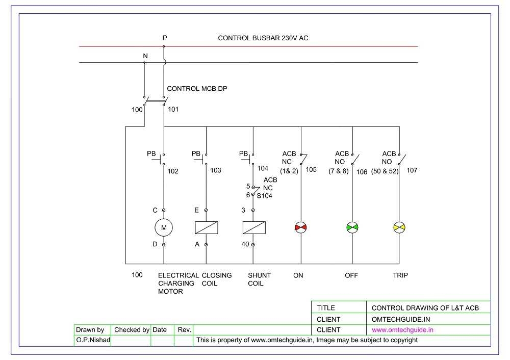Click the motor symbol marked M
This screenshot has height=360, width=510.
point(164,227)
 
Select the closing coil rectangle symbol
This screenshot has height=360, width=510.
point(207,227)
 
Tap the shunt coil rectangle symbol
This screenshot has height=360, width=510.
point(253,227)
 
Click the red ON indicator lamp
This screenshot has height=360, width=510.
point(301,227)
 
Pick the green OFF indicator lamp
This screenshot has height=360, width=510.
point(352,227)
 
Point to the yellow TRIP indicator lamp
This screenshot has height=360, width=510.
point(399,227)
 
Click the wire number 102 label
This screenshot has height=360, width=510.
point(173,171)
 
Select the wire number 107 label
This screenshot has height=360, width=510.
point(412,170)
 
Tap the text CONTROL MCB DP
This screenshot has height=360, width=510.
point(197,88)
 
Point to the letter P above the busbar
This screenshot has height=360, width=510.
point(164,38)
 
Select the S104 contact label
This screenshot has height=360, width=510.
point(264,195)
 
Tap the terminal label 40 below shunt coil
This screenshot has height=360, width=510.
point(245,244)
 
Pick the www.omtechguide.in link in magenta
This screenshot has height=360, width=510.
point(403,329)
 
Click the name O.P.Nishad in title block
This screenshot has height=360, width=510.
point(91,340)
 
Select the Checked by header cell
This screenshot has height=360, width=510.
point(132,329)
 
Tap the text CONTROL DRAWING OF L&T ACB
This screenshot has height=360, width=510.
point(425,307)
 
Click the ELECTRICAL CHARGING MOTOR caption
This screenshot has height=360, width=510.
point(177,283)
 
